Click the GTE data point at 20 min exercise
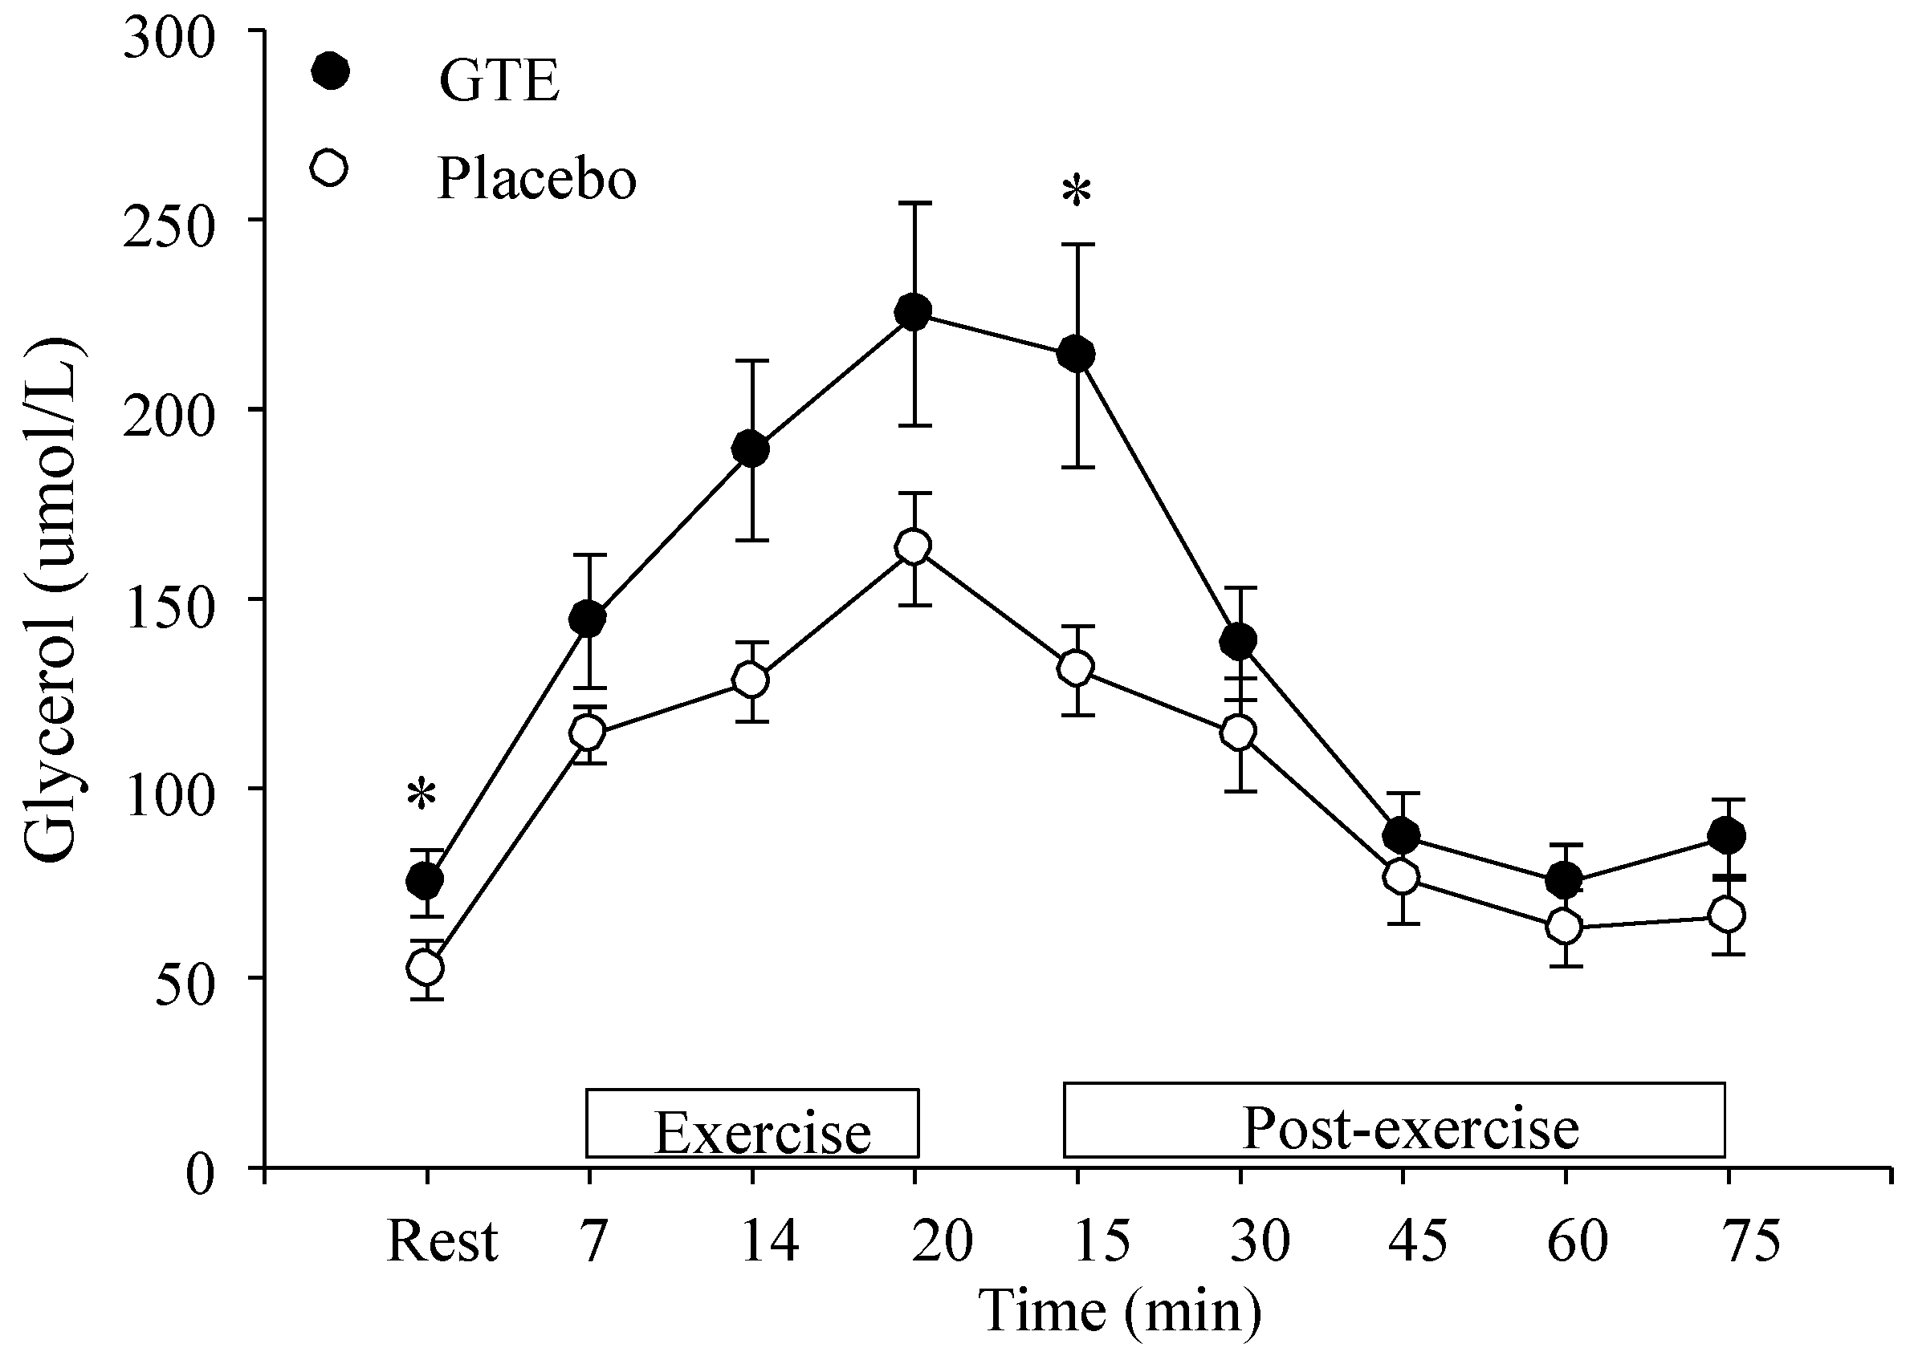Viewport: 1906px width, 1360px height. [913, 312]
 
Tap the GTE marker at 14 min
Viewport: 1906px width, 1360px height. [751, 449]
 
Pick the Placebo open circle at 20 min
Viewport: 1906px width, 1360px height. [913, 547]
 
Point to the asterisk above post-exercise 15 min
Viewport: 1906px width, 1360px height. [1076, 192]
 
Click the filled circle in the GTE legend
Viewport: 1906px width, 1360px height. [330, 72]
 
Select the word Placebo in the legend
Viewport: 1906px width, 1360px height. [536, 178]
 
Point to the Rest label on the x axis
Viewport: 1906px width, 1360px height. [442, 1241]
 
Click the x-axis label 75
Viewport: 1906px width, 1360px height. [1749, 1241]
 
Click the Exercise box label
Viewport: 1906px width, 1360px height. [762, 1133]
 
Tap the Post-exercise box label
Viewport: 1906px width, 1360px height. [1411, 1128]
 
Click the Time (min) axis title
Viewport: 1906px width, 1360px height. [1120, 1310]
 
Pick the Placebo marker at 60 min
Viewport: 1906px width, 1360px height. [1564, 926]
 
